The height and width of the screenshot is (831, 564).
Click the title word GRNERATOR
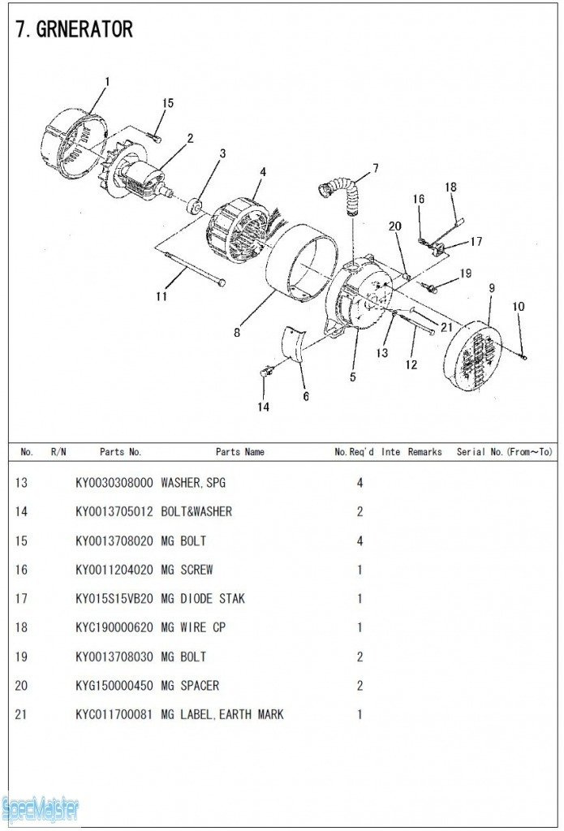[84, 30]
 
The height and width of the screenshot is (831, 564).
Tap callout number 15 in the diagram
[168, 103]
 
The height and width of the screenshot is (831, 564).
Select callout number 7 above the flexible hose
[375, 169]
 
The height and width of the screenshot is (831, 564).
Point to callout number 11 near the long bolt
[161, 296]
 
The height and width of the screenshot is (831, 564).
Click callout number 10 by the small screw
[519, 307]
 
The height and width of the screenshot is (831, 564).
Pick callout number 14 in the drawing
[264, 407]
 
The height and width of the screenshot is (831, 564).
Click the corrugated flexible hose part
[342, 195]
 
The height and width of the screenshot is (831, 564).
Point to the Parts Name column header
[239, 452]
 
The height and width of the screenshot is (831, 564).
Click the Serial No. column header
[503, 452]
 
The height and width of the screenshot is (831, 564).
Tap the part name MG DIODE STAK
[203, 599]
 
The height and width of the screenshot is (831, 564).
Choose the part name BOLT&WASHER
[196, 512]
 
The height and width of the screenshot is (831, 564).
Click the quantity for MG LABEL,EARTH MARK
[359, 715]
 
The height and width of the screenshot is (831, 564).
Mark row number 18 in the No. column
[21, 628]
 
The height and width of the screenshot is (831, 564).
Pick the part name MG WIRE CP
[193, 628]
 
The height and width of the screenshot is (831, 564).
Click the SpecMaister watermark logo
[41, 808]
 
